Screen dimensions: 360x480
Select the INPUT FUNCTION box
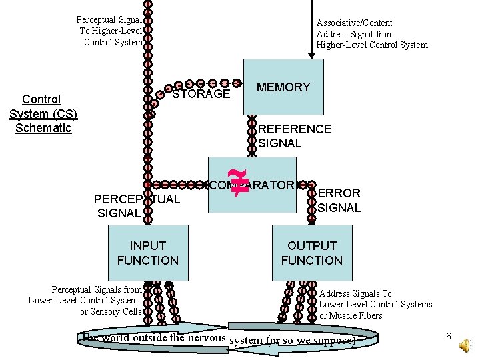(148, 253)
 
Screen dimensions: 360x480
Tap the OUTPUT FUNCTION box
(311, 253)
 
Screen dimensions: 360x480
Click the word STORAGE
(201, 94)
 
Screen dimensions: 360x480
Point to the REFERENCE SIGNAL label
(295, 136)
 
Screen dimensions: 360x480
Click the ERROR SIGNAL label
(339, 200)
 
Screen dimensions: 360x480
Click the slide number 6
(449, 337)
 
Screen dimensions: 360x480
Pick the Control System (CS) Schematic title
(42, 113)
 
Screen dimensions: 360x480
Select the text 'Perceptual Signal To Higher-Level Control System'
(109, 31)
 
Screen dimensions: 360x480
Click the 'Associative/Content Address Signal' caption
(371, 34)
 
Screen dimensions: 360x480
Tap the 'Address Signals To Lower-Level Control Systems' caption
(375, 304)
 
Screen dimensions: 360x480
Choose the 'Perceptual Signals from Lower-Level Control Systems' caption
(85, 300)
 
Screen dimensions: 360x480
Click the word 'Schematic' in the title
(43, 128)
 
